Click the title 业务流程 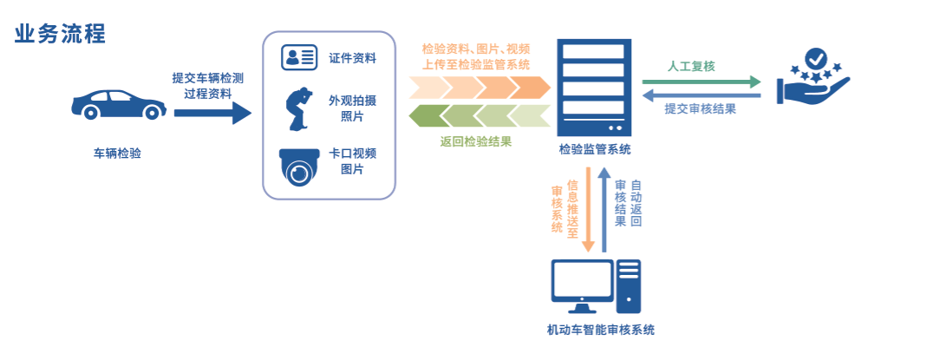click(60, 34)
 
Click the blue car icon click(117, 103)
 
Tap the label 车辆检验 click(117, 154)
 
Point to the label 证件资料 click(352, 58)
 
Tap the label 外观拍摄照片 click(352, 108)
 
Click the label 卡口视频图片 click(352, 161)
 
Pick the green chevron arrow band click(480, 115)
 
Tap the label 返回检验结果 click(475, 141)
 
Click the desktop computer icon click(597, 286)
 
